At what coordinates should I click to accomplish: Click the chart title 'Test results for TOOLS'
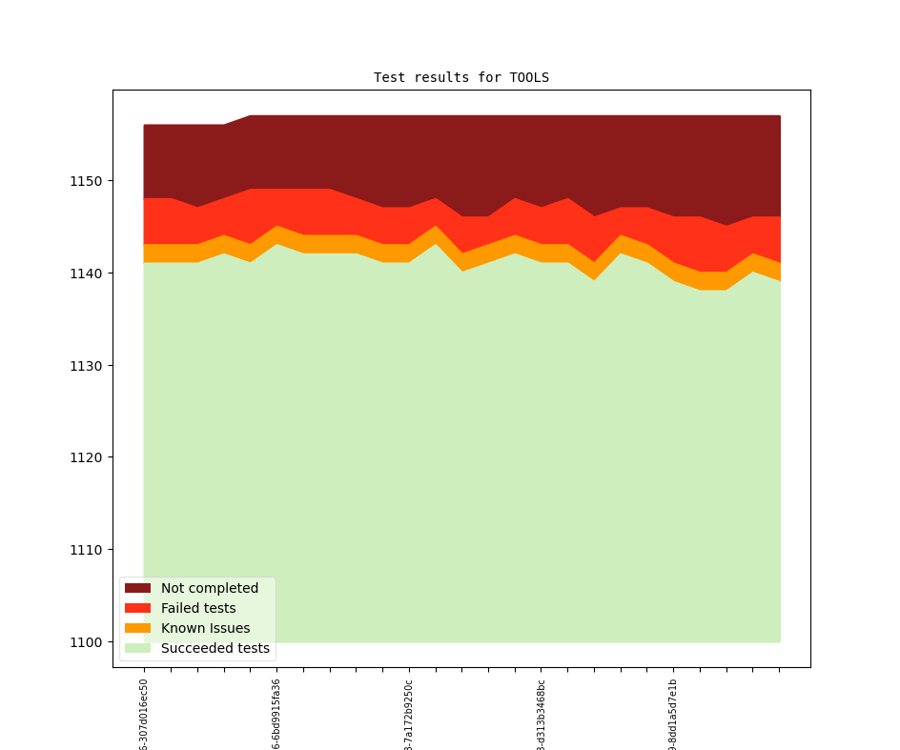[461, 77]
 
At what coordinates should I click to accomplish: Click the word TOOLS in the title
[529, 77]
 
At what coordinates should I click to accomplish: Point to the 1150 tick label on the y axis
[88, 181]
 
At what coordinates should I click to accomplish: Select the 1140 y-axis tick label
[88, 274]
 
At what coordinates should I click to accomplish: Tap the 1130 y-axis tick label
[88, 366]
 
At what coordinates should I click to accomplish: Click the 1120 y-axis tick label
[88, 457]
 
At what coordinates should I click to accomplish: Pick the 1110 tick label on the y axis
[88, 550]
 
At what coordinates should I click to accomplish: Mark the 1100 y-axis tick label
[88, 642]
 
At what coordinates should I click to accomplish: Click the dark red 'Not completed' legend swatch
[137, 588]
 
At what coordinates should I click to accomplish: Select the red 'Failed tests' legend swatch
[137, 608]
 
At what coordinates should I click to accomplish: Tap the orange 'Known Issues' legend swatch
[137, 628]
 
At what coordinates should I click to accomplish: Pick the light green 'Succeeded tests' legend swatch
[137, 648]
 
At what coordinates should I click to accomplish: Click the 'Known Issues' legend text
[205, 628]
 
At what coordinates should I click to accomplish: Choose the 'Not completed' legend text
[210, 588]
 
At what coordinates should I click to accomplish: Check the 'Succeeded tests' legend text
[215, 648]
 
